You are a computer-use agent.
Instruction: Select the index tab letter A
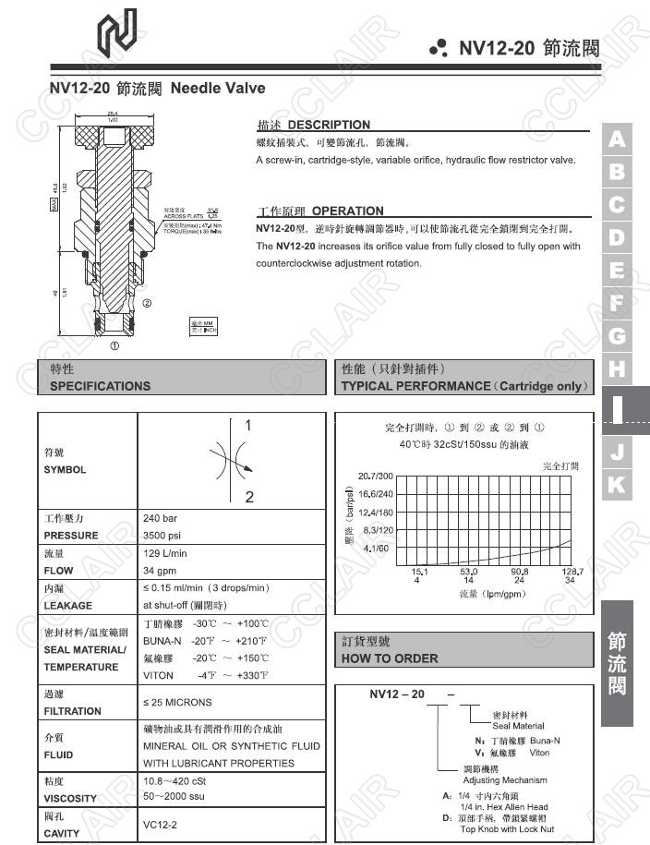tap(617, 139)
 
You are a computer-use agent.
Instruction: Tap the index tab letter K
tap(617, 484)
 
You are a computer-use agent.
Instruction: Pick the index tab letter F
tap(617, 302)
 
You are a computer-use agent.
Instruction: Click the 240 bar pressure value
tap(160, 518)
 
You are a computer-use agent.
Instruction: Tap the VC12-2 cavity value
tap(160, 824)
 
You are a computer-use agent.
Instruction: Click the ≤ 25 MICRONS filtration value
tap(177, 703)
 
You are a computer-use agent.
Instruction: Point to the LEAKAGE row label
tap(68, 606)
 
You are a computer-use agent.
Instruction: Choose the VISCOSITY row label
tap(70, 798)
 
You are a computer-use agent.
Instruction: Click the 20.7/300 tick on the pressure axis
tap(375, 476)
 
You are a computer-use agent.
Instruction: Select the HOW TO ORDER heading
tap(390, 658)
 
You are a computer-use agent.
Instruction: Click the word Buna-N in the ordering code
tap(543, 741)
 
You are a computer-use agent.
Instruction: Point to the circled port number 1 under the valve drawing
tap(114, 347)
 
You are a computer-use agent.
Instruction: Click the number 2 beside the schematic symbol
tap(249, 498)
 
